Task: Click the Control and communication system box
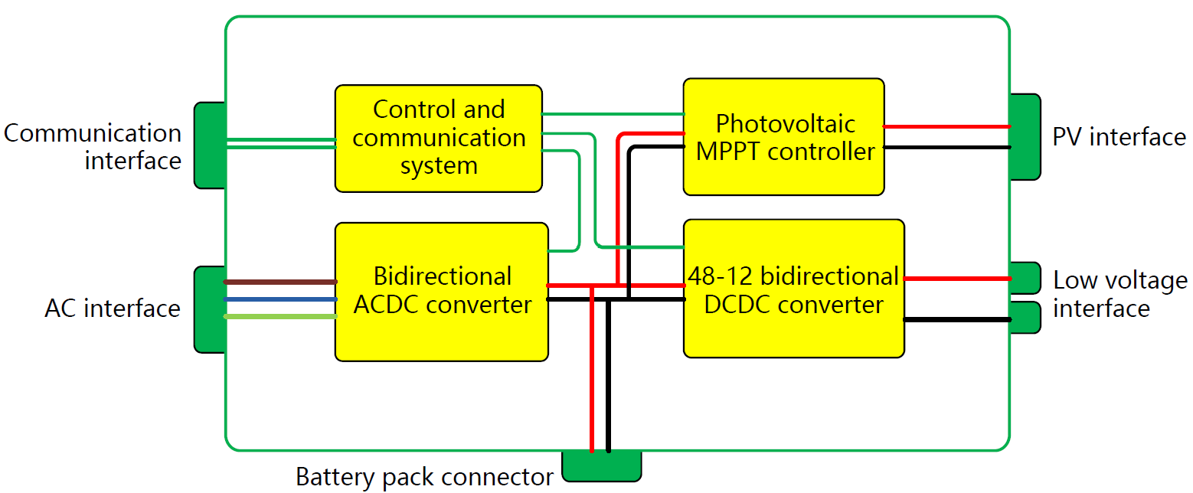[x=438, y=138]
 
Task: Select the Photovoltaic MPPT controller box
[x=783, y=136]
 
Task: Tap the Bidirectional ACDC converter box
[x=441, y=291]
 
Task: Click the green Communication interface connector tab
[x=209, y=145]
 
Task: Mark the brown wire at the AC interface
[x=280, y=282]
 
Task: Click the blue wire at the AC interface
[x=280, y=299]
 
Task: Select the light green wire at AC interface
[x=280, y=316]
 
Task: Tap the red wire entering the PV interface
[x=946, y=126]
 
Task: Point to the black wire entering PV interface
[x=946, y=146]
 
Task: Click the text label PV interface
[x=1119, y=137]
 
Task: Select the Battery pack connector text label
[x=424, y=477]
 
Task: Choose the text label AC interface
[x=113, y=309]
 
